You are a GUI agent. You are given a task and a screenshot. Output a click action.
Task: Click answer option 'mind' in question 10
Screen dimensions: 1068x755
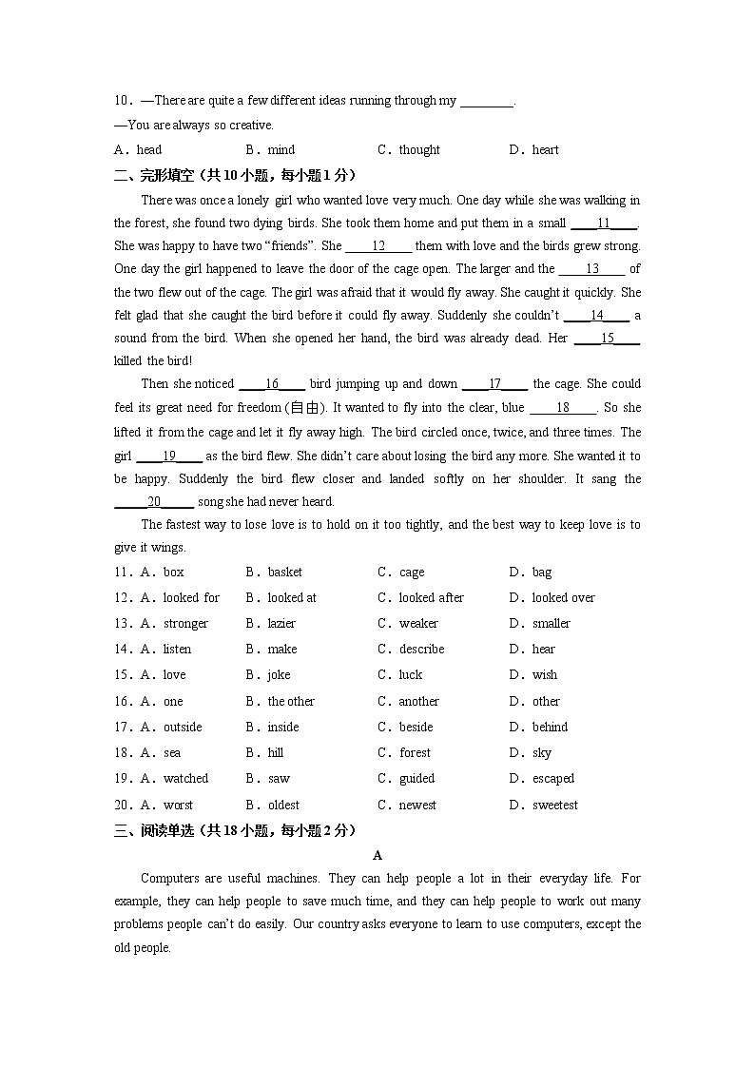pyautogui.click(x=281, y=149)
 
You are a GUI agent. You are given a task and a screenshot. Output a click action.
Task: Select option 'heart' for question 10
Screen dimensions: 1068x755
pyautogui.click(x=545, y=149)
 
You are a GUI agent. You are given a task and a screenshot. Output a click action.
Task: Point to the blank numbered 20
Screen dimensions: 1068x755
pyautogui.click(x=154, y=502)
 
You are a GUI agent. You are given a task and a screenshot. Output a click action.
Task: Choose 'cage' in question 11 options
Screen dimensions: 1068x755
pyautogui.click(x=412, y=573)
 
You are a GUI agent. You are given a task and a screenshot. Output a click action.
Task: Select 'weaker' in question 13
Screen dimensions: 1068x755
pyautogui.click(x=418, y=624)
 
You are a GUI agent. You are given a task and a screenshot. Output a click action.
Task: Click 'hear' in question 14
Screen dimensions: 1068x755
pyautogui.click(x=544, y=650)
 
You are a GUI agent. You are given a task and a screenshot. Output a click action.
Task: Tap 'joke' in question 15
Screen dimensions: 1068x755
pyautogui.click(x=279, y=675)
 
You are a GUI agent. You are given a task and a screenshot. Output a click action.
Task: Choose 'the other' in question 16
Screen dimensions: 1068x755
pyautogui.click(x=291, y=702)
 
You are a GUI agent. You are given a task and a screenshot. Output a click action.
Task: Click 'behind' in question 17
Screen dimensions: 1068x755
pyautogui.click(x=550, y=728)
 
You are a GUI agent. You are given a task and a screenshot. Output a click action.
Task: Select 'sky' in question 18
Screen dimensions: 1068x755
pyautogui.click(x=541, y=753)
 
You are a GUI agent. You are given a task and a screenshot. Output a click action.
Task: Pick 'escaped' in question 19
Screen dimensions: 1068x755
pyautogui.click(x=553, y=779)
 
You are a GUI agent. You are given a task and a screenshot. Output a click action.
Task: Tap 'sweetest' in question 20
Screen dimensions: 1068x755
pyautogui.click(x=554, y=806)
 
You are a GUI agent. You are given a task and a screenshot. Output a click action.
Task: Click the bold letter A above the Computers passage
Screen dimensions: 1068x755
pyautogui.click(x=377, y=855)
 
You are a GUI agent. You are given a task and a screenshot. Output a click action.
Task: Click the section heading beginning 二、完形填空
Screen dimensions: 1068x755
pyautogui.click(x=235, y=175)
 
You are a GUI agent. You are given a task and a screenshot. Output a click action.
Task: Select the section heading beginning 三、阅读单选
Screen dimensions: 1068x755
pyautogui.click(x=235, y=830)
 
